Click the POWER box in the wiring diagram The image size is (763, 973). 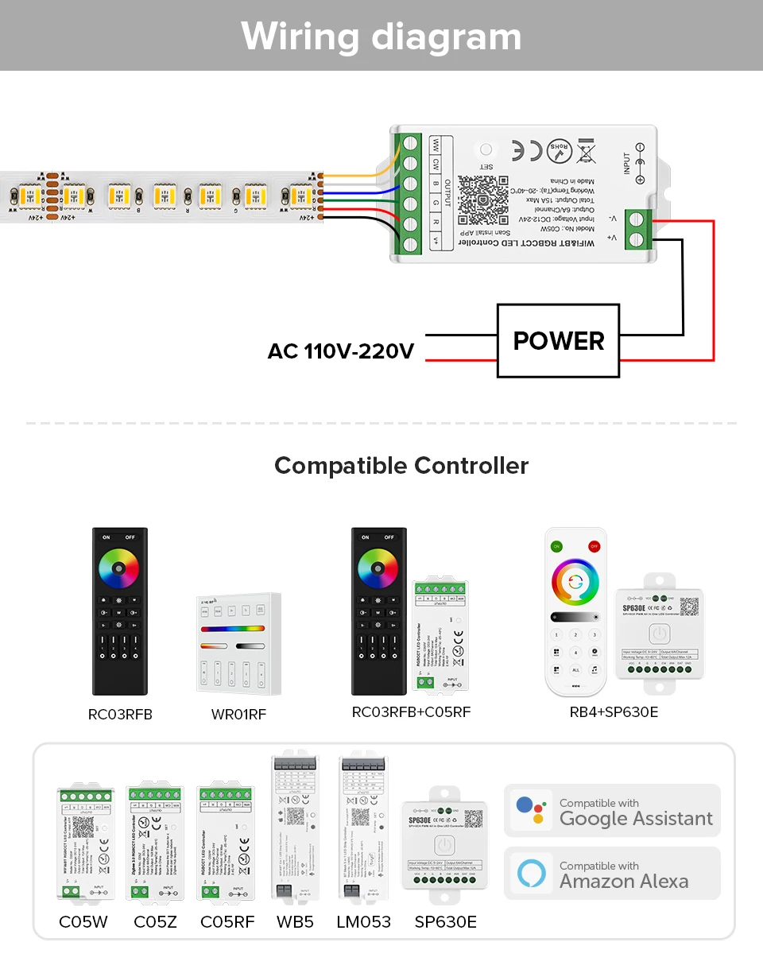coord(559,340)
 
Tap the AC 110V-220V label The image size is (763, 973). coord(341,351)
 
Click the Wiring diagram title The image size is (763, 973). coord(381,37)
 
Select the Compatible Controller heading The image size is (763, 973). coord(401,465)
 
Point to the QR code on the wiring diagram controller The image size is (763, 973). coord(482,199)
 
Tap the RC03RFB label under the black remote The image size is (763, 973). coord(120,715)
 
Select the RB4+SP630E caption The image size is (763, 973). coord(614,711)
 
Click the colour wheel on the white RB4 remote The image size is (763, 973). coord(575,582)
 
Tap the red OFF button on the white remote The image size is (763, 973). coord(593,546)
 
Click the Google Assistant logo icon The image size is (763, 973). coord(532,811)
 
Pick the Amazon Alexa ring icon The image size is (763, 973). coord(532,873)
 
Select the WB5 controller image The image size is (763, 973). coord(294,827)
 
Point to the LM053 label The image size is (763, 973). coord(364,922)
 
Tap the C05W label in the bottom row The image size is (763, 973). coord(83,922)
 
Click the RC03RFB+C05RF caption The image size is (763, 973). coord(411,711)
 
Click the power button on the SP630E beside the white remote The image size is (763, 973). coord(659,634)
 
